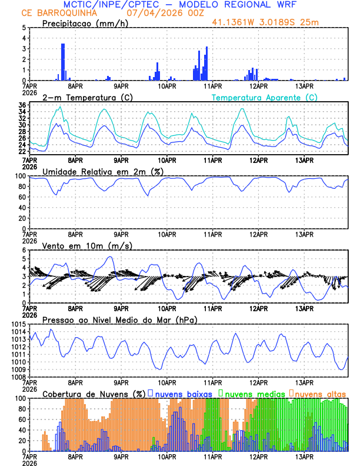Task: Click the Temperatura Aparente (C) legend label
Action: click(x=264, y=97)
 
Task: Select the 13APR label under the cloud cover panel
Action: click(x=304, y=456)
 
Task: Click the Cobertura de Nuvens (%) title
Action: click(x=94, y=394)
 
